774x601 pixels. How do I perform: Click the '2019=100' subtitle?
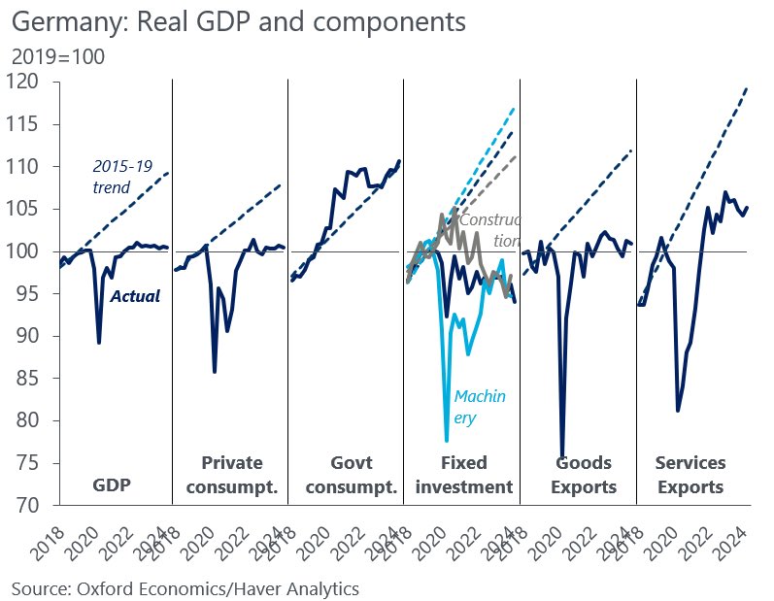[58, 57]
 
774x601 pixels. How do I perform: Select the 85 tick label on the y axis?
[32, 379]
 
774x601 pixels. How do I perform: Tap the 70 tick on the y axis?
[32, 506]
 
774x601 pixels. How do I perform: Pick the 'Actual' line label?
[134, 295]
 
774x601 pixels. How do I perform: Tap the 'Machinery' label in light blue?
[480, 406]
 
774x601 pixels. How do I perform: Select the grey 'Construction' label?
[490, 229]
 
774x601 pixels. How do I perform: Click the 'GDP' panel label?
[113, 486]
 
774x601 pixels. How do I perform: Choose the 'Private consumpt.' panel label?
[231, 475]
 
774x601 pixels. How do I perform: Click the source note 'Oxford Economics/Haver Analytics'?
[185, 587]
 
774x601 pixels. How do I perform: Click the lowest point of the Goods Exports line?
[562, 454]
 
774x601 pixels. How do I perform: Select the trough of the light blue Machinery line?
[447, 440]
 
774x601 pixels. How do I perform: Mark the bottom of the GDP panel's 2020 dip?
[99, 343]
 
